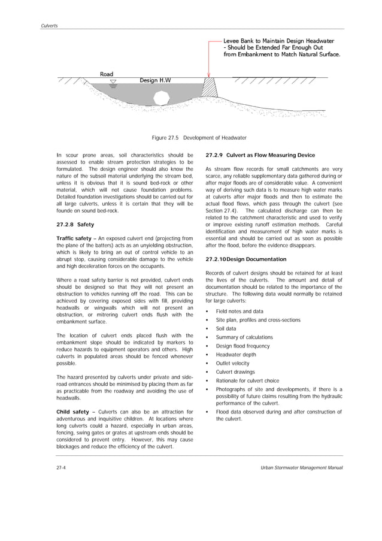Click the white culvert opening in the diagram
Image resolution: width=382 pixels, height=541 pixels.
(x=160, y=95)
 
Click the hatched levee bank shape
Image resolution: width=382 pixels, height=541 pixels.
(x=210, y=88)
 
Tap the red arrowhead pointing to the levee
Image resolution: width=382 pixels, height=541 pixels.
(x=209, y=74)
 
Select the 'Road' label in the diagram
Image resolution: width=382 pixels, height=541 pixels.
(x=107, y=74)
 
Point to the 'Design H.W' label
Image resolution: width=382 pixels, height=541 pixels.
(x=154, y=80)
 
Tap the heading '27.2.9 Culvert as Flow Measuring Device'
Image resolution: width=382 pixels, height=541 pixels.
(x=260, y=155)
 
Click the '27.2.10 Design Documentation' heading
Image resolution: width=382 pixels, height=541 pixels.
(x=245, y=259)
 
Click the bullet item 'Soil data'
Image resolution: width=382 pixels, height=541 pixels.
(x=226, y=329)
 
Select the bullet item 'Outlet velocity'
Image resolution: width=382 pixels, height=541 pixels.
(x=232, y=364)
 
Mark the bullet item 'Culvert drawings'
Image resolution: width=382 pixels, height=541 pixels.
(x=235, y=372)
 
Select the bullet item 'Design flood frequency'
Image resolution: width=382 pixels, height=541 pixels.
(x=242, y=346)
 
